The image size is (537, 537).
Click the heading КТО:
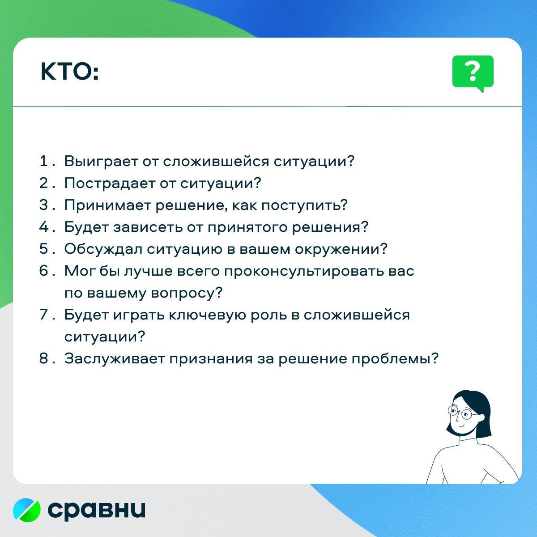click(x=70, y=72)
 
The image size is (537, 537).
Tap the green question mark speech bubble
click(x=473, y=73)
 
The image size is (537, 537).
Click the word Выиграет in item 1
click(x=101, y=162)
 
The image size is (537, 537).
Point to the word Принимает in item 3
click(x=107, y=205)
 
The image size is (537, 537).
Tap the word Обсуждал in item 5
click(x=103, y=249)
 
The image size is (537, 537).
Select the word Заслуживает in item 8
click(x=115, y=358)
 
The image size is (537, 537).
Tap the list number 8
click(x=44, y=358)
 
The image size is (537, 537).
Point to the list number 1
click(x=44, y=161)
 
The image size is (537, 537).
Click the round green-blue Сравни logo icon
click(x=27, y=510)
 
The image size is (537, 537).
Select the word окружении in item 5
click(x=341, y=249)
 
